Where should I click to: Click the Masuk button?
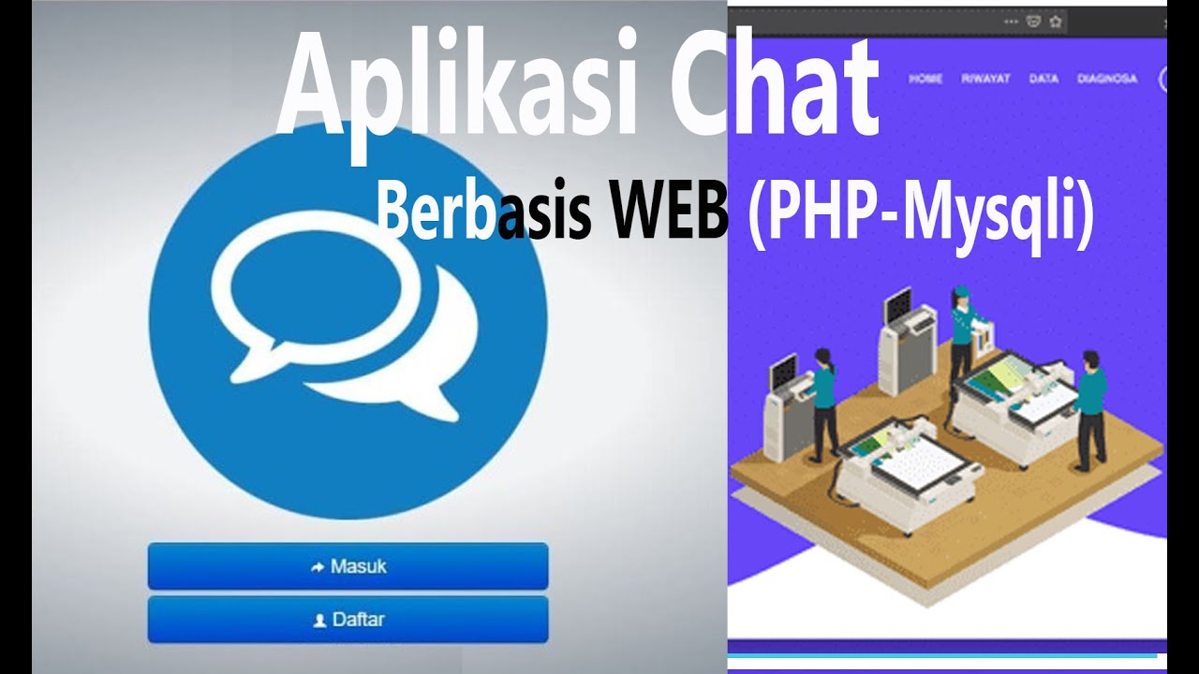pyautogui.click(x=348, y=566)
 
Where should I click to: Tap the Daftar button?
pyautogui.click(x=348, y=620)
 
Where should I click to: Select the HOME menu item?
pyautogui.click(x=925, y=79)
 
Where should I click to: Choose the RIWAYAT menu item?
pyautogui.click(x=985, y=79)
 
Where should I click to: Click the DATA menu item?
pyautogui.click(x=1044, y=79)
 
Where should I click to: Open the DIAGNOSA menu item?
pyautogui.click(x=1107, y=79)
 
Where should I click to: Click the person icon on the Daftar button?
pyautogui.click(x=319, y=621)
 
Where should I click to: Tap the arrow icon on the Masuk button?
pyautogui.click(x=317, y=567)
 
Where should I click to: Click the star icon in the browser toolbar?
pyautogui.click(x=1056, y=21)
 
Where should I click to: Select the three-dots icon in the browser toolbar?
pyautogui.click(x=1011, y=21)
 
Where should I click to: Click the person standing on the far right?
pyautogui.click(x=1088, y=407)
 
